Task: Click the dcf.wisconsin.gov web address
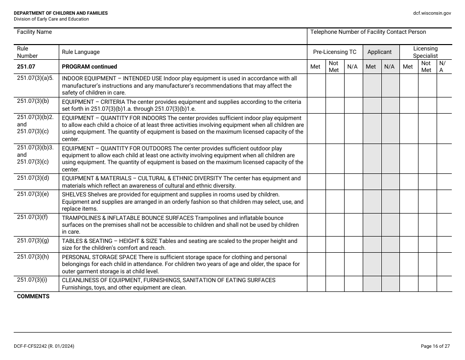click(432, 13)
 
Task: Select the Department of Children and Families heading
click(61, 13)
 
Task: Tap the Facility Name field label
click(34, 32)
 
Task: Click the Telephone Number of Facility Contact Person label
click(368, 32)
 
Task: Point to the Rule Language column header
click(80, 52)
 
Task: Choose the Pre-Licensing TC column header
click(335, 52)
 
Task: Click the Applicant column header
click(379, 52)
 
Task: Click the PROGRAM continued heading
click(90, 67)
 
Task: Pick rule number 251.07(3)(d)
click(33, 178)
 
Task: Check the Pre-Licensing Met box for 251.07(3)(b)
click(316, 105)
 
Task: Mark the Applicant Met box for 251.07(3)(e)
click(372, 201)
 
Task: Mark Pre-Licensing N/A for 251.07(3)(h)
click(353, 264)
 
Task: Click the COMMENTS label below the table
click(33, 297)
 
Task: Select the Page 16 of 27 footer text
click(435, 346)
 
